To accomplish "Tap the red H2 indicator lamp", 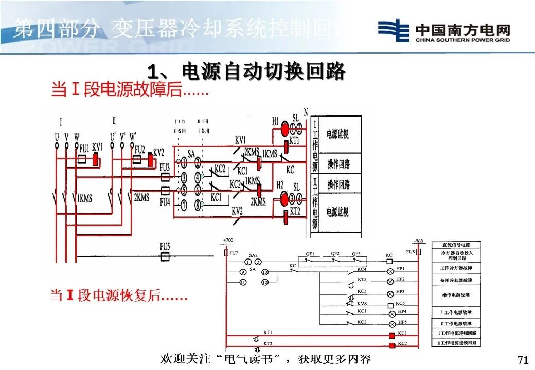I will pos(284,199).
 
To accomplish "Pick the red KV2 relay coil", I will pos(150,160).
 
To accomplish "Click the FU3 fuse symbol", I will pos(165,177).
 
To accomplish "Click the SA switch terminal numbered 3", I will pos(183,177).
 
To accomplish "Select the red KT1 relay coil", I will pos(286,147).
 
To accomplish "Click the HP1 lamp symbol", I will pos(390,270).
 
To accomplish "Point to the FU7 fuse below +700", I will pos(226,253).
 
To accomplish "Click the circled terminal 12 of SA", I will pos(264,282).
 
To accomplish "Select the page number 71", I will pos(522,359).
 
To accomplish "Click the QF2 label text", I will pos(335,253).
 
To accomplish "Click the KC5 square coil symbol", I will pos(389,303).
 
